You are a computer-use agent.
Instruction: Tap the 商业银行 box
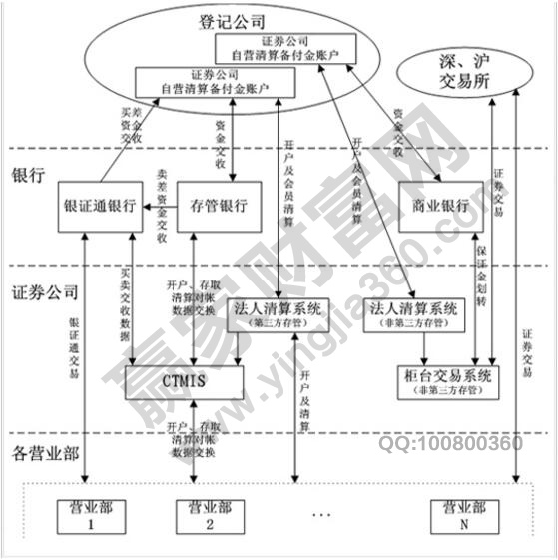[433, 207]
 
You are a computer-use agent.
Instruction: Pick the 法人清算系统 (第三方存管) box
[276, 314]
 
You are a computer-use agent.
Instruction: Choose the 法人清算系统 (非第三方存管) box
[413, 314]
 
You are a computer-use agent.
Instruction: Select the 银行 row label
[27, 175]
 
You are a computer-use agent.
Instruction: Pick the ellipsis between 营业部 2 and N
[322, 516]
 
